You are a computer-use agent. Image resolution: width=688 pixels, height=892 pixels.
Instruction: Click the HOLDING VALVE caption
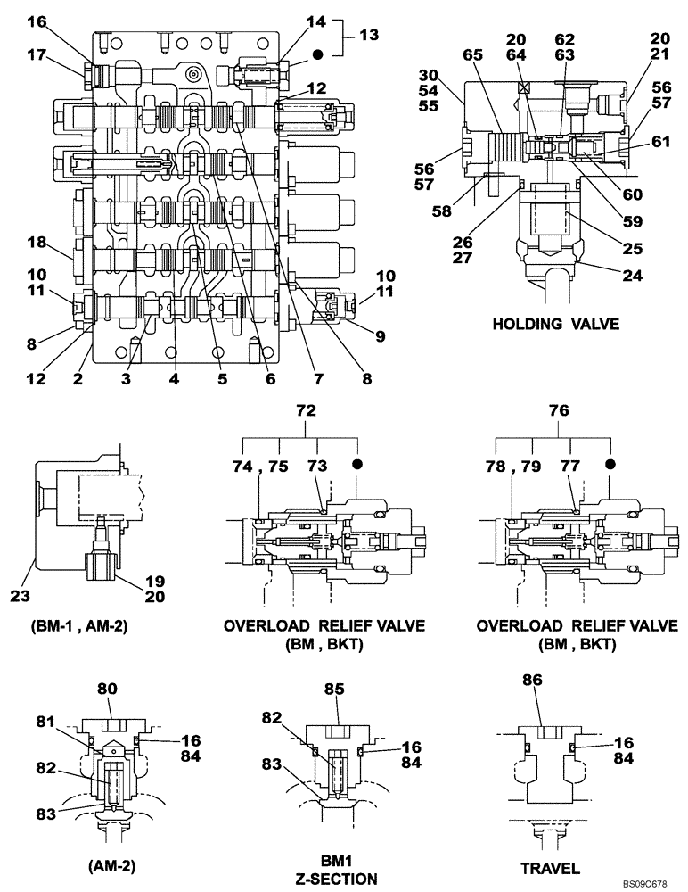[555, 325]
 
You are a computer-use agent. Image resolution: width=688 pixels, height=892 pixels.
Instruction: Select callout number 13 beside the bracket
[368, 35]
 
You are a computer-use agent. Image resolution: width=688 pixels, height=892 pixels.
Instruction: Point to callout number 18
[35, 242]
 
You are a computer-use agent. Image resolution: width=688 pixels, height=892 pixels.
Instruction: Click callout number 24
[632, 276]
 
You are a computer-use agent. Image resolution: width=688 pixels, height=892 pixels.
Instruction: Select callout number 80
[108, 689]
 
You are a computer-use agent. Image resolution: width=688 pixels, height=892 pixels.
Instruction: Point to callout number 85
[334, 689]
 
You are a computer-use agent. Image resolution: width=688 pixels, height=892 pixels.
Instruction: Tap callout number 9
[381, 336]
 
